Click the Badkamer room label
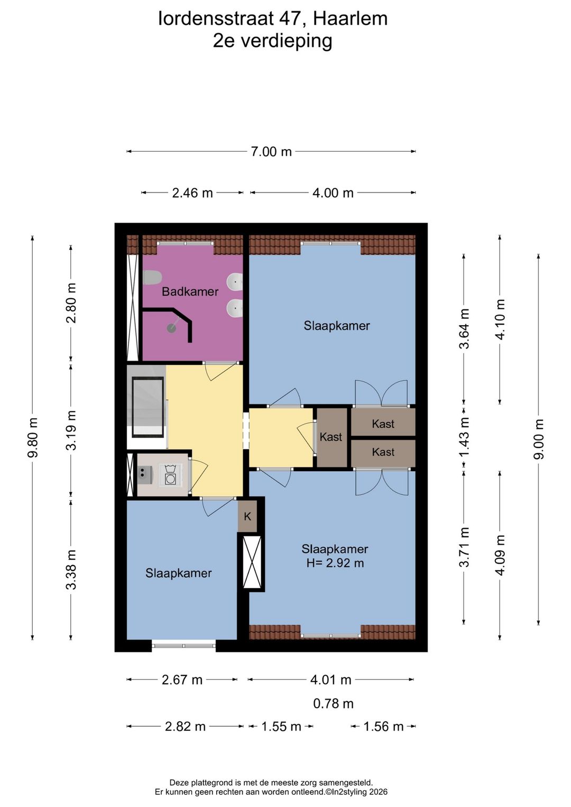tap(190, 291)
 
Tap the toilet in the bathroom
tap(152, 278)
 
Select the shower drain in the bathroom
tap(171, 328)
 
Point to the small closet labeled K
tap(247, 516)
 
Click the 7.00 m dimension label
tap(271, 152)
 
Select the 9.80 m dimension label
tap(33, 437)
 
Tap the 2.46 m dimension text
tap(192, 193)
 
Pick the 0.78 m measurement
tap(333, 703)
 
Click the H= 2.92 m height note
tap(335, 563)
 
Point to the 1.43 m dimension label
tap(465, 436)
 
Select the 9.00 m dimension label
tap(539, 439)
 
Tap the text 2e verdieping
tap(272, 41)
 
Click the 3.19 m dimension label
tap(71, 430)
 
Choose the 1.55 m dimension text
tap(281, 726)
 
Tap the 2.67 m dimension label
tap(182, 680)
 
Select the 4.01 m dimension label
tap(331, 680)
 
